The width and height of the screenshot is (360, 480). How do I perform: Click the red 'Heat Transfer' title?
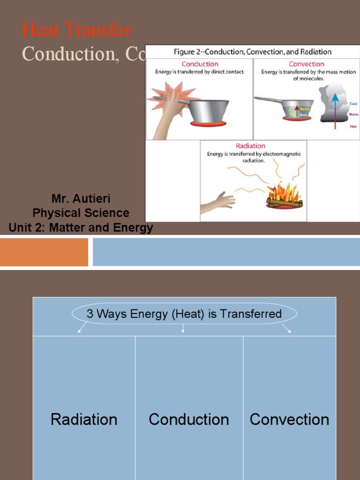tap(76, 30)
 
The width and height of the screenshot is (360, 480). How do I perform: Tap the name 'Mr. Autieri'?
tap(81, 199)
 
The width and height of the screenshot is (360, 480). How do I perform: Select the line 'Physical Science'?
tap(81, 213)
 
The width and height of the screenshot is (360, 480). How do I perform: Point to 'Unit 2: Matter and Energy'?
tap(81, 228)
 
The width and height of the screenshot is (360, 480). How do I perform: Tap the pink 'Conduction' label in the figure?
tap(200, 64)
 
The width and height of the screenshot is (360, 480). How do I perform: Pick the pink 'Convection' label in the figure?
tap(306, 64)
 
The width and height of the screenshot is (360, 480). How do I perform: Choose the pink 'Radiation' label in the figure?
tap(250, 146)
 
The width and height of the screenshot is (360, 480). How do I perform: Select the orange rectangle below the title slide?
tap(44, 252)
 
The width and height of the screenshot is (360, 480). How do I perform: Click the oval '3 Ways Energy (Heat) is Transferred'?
tap(184, 314)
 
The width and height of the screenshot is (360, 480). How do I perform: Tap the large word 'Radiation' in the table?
tap(84, 419)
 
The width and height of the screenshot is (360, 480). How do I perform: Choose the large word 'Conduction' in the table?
tap(189, 419)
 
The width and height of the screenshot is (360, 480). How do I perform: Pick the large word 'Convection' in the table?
tap(289, 419)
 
